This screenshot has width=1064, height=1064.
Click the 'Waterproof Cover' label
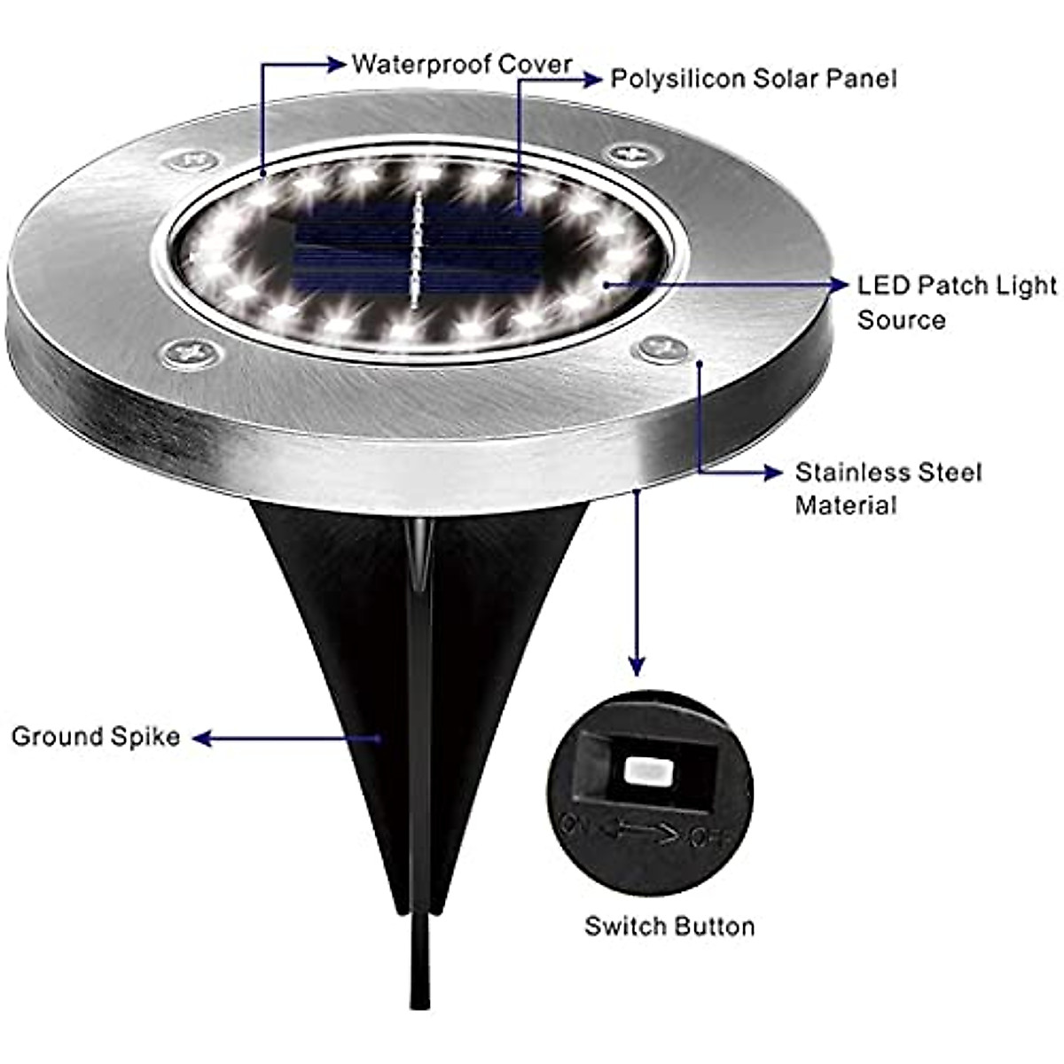(x=461, y=65)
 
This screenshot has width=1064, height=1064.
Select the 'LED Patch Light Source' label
(x=956, y=301)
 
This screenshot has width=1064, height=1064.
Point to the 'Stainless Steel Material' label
(x=888, y=488)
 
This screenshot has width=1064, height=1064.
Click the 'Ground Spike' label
(x=96, y=737)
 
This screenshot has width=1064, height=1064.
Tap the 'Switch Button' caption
(x=669, y=927)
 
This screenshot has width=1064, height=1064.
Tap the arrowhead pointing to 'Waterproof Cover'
(x=336, y=64)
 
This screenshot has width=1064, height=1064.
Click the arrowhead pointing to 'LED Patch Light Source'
(x=837, y=285)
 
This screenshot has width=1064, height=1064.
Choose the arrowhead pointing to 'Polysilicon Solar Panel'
(x=592, y=80)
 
